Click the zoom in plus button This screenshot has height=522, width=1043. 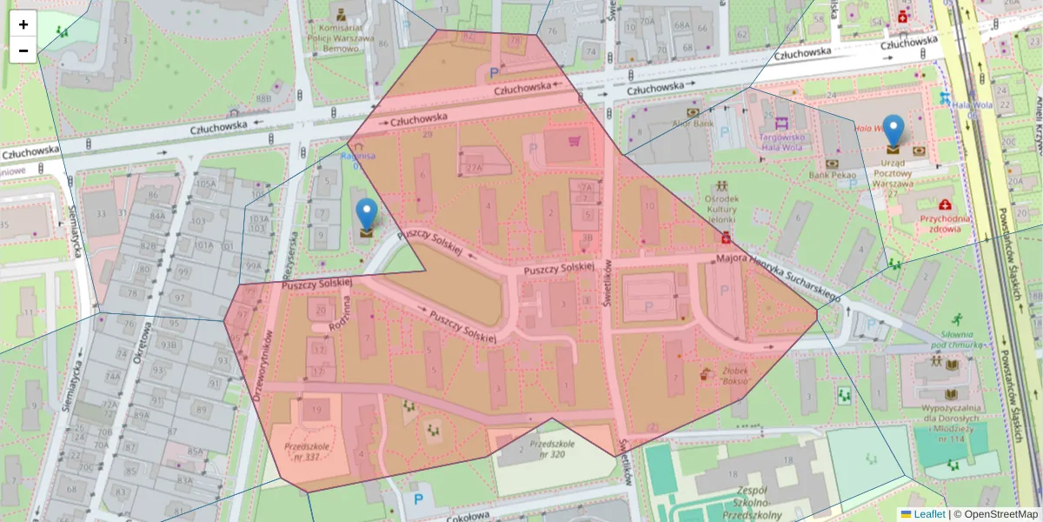click(x=23, y=24)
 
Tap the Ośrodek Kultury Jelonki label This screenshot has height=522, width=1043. click(x=722, y=210)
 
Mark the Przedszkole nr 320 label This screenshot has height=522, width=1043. click(x=546, y=449)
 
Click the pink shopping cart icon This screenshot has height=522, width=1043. click(x=574, y=139)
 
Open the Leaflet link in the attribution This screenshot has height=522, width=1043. click(x=929, y=514)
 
